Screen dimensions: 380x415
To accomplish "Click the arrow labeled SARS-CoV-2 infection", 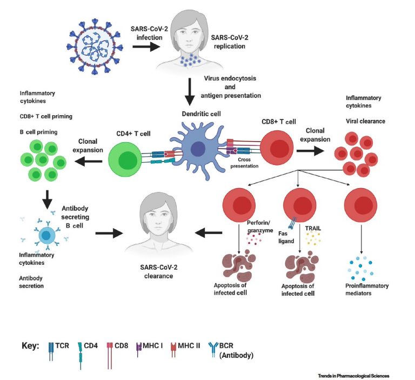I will pos(142,46).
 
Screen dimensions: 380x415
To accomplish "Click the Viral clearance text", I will pos(365,122).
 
